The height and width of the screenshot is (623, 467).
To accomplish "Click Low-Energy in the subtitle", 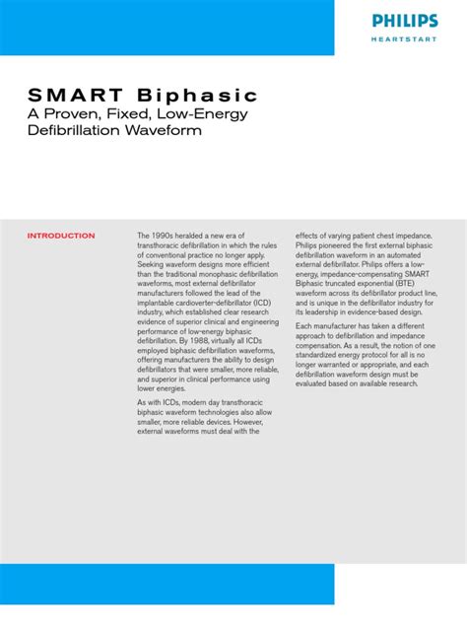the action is pyautogui.click(x=206, y=114).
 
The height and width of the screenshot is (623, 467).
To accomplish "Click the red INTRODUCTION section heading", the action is pyautogui.click(x=61, y=237).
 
